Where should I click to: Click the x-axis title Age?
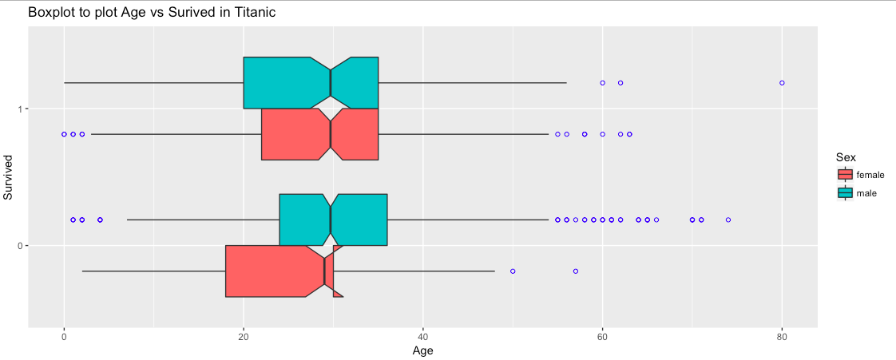click(x=422, y=350)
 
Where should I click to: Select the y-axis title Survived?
click(x=9, y=177)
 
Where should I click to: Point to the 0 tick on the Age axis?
click(x=64, y=337)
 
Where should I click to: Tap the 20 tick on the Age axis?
click(x=244, y=337)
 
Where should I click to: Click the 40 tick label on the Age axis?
click(x=423, y=337)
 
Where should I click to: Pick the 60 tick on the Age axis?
click(x=603, y=337)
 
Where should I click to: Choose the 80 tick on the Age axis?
click(x=782, y=337)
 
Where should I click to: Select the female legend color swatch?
click(x=845, y=175)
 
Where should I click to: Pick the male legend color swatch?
click(x=845, y=192)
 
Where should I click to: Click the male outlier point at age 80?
click(x=782, y=83)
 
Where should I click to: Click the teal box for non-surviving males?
click(x=303, y=220)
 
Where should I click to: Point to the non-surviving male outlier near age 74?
click(x=728, y=220)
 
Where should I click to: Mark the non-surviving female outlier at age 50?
click(x=513, y=271)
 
